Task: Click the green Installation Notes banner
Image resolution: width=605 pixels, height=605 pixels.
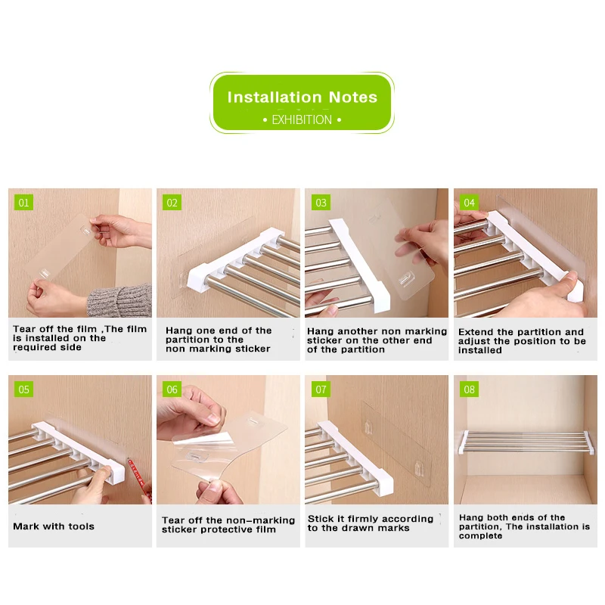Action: (302, 102)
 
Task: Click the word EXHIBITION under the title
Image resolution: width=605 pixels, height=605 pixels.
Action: (302, 119)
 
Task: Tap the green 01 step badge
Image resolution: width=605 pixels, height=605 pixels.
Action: (23, 203)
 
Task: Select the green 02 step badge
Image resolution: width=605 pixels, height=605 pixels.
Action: (172, 203)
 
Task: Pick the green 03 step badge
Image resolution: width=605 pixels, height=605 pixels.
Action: (321, 203)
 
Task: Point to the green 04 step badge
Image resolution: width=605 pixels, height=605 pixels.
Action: (470, 203)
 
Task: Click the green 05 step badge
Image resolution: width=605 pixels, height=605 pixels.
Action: (23, 389)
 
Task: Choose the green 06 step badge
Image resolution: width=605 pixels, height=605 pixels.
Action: (172, 389)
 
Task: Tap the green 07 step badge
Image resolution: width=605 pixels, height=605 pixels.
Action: (321, 389)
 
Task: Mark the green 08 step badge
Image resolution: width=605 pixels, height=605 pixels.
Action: (470, 389)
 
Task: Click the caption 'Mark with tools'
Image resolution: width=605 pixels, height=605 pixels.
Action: (54, 526)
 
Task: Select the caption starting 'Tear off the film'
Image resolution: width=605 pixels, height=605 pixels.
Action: (79, 338)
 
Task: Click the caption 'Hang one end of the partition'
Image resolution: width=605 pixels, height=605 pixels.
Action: (219, 340)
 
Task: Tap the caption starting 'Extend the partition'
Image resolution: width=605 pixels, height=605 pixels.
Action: (522, 341)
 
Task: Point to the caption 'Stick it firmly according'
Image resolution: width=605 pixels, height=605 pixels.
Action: (371, 523)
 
